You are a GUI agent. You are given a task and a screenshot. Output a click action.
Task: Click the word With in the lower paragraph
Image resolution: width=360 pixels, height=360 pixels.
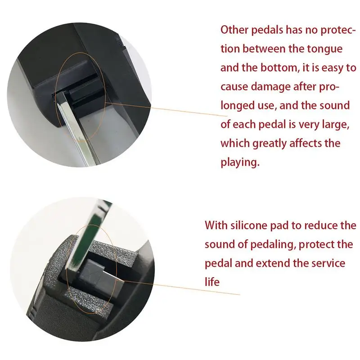[x=216, y=225]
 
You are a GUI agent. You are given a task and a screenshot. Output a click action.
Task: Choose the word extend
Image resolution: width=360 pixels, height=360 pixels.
[x=273, y=263]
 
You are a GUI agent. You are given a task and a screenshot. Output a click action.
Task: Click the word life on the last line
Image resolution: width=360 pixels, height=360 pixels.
[x=212, y=282]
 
